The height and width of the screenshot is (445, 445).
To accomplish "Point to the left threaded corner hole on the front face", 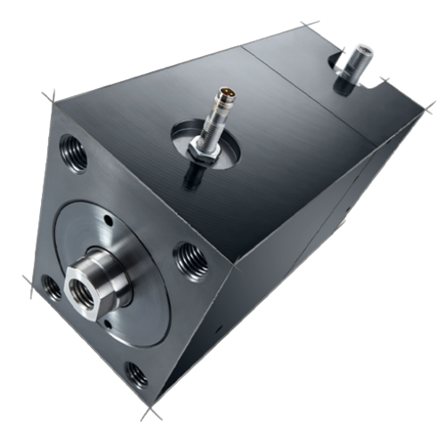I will point(49,287).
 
